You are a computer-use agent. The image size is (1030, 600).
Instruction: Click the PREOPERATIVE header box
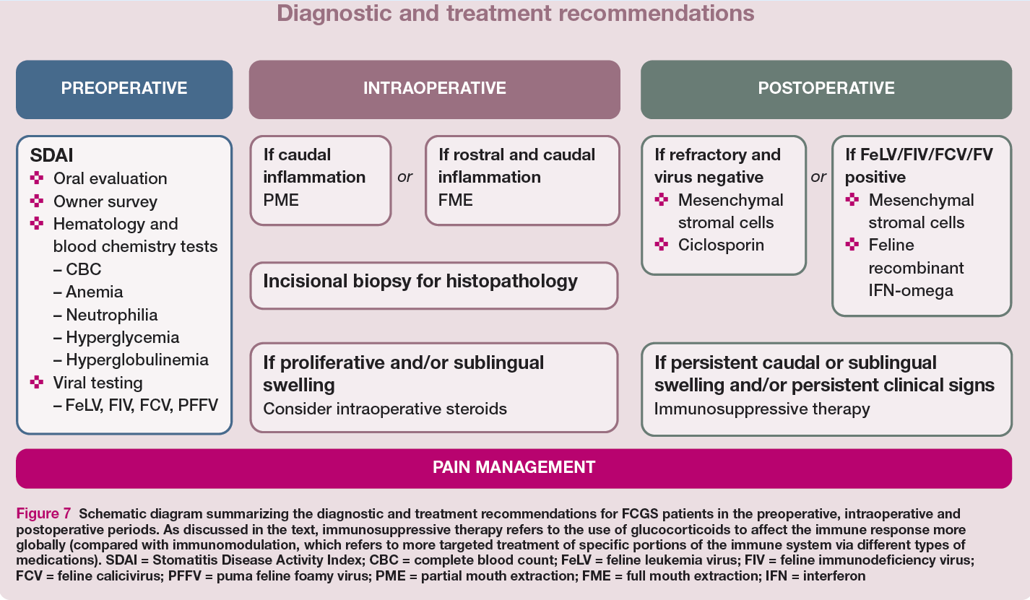[x=124, y=90]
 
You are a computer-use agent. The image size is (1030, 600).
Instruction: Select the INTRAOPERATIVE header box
[x=435, y=90]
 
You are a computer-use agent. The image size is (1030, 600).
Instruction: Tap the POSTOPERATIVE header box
[x=826, y=90]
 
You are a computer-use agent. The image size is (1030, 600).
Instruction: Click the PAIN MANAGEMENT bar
[x=514, y=468]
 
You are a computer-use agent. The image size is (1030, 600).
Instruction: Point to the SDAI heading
[x=51, y=155]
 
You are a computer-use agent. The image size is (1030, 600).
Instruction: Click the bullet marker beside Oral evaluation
[x=37, y=178]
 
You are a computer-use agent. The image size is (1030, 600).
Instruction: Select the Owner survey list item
[x=105, y=201]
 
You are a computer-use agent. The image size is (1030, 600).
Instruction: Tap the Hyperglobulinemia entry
[x=131, y=360]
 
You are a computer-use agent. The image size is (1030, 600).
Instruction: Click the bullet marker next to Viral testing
[x=37, y=382]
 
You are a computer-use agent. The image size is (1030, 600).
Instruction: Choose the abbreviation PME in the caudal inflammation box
[x=281, y=200]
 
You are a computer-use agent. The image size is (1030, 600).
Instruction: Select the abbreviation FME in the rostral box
[x=455, y=200]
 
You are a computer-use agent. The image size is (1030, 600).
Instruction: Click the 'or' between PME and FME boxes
[x=404, y=177]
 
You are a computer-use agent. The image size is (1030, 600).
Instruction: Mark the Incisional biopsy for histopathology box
[x=434, y=285]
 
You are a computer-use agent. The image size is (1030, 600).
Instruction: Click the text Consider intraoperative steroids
[x=385, y=409]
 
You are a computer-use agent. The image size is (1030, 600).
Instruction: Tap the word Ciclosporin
[x=721, y=245]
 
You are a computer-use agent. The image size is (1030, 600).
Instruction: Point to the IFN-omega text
[x=911, y=290]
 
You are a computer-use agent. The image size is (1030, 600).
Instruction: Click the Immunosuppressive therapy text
[x=762, y=409]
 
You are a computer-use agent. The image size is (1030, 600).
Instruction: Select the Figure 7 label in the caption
[x=43, y=513]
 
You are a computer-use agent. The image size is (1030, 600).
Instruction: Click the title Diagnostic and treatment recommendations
[x=516, y=13]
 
